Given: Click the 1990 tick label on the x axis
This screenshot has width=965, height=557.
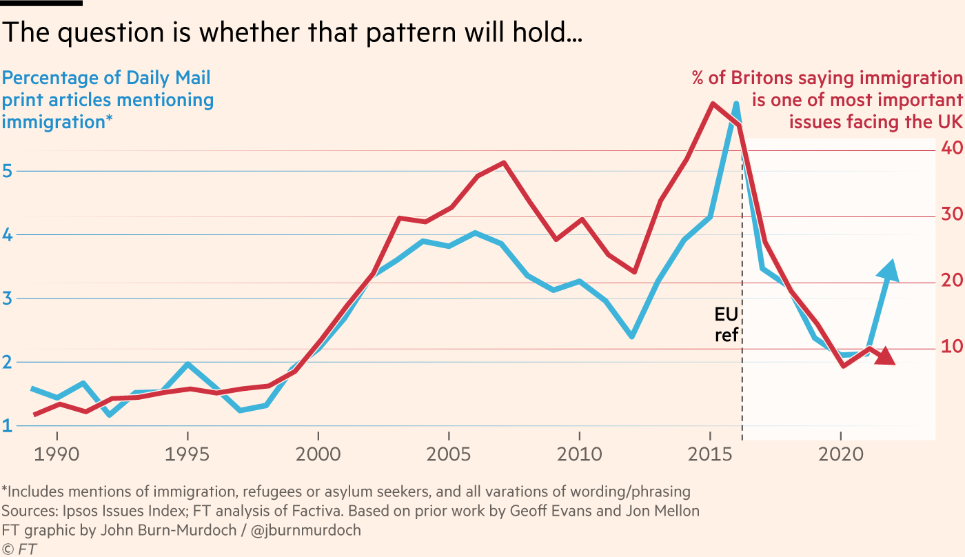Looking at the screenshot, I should (x=57, y=456).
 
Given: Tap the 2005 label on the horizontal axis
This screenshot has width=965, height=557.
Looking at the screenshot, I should (x=449, y=456).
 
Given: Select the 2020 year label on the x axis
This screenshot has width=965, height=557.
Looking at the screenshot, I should (x=841, y=456).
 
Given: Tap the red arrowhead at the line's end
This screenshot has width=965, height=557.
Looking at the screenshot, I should (x=886, y=356).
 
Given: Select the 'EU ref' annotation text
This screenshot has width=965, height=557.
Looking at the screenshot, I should (x=727, y=325).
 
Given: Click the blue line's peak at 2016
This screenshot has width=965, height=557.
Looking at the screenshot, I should (x=737, y=105).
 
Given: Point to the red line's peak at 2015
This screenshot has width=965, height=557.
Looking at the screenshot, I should (x=711, y=103).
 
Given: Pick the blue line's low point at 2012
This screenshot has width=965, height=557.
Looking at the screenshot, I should (x=632, y=336).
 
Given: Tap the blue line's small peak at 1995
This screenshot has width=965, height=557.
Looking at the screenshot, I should (x=187, y=364).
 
